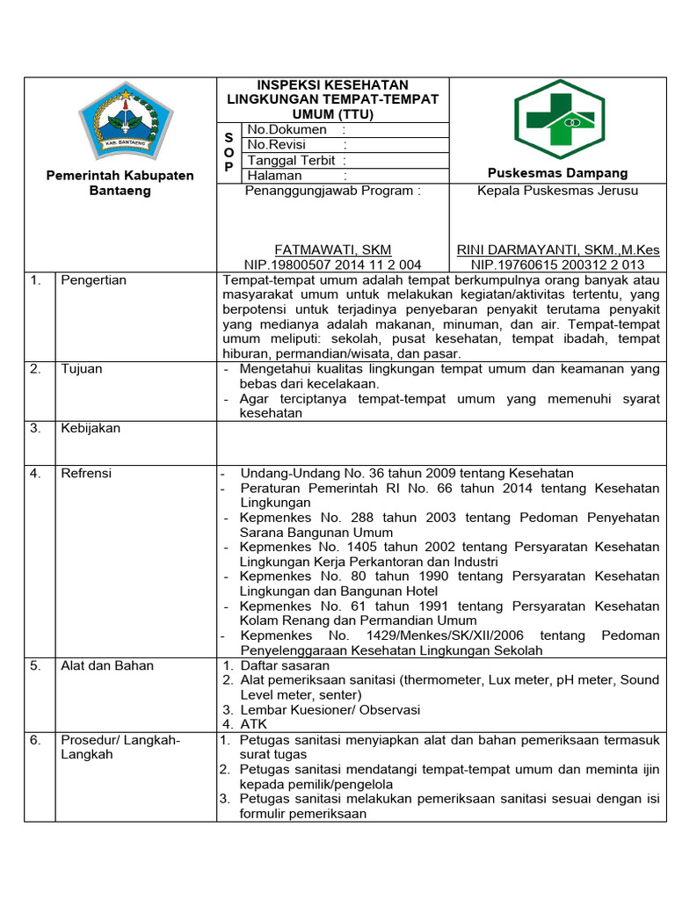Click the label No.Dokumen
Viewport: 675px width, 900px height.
click(287, 130)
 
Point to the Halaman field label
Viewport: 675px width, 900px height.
click(274, 176)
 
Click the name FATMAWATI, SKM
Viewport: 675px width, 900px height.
click(332, 250)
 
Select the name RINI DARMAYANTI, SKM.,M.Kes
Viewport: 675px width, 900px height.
click(557, 250)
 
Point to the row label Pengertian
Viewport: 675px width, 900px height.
click(93, 280)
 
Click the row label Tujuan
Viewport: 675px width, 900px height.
click(81, 369)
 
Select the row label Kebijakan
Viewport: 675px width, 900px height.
click(90, 429)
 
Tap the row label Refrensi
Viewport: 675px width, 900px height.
click(86, 474)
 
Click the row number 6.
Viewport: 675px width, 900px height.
click(35, 740)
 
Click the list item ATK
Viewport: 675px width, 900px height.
click(253, 724)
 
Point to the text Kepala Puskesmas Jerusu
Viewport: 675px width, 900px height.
click(557, 191)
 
